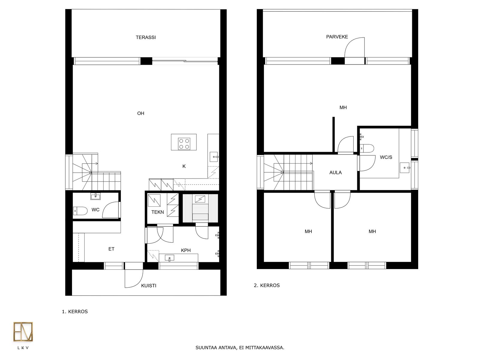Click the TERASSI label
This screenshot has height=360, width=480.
145,37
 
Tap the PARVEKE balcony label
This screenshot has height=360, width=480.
337,37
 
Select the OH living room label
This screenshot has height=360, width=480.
141,113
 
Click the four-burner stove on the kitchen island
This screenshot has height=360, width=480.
184,144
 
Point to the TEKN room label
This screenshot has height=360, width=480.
157,212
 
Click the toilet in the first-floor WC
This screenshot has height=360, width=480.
80,211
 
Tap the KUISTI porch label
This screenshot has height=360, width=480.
149,286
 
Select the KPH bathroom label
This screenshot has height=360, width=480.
186,250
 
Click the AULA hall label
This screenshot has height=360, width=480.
335,172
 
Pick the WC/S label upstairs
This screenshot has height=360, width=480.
386,157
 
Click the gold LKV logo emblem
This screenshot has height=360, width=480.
23,331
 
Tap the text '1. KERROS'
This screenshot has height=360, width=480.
75,311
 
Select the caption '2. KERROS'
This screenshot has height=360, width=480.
267,285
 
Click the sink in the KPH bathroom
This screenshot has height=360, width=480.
169,258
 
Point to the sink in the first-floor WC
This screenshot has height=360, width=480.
96,196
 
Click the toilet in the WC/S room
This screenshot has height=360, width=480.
367,148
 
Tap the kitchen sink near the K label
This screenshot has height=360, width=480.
214,157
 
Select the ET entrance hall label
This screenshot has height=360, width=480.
111,249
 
